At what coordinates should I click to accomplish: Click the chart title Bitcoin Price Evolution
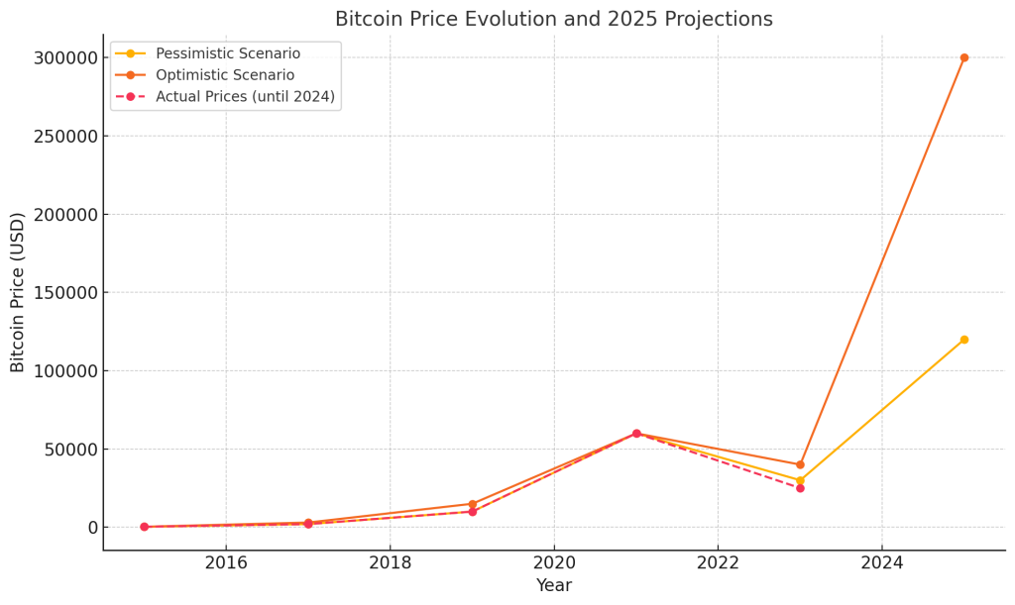[x=553, y=19]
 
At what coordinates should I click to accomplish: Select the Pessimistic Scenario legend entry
[x=227, y=53]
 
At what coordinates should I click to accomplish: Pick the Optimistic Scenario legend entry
[x=225, y=75]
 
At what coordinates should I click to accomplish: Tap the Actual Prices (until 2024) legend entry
[x=245, y=97]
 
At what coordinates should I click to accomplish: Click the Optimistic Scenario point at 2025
[x=963, y=57]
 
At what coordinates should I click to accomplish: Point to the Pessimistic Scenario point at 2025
[x=963, y=340]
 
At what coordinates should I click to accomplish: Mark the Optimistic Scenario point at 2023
[x=800, y=464]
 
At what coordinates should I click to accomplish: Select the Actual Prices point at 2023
[x=800, y=488]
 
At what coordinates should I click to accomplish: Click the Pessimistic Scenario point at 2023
[x=800, y=480]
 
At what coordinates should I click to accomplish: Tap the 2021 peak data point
[x=636, y=434]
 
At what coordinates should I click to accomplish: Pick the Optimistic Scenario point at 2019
[x=473, y=504]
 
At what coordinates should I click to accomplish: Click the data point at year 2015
[x=144, y=527]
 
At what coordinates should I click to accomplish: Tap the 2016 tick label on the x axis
[x=226, y=563]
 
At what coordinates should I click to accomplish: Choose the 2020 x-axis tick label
[x=554, y=563]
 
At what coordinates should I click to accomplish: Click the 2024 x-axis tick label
[x=882, y=563]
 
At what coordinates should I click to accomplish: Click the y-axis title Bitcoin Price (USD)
[x=18, y=292]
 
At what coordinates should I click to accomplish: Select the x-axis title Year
[x=554, y=586]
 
